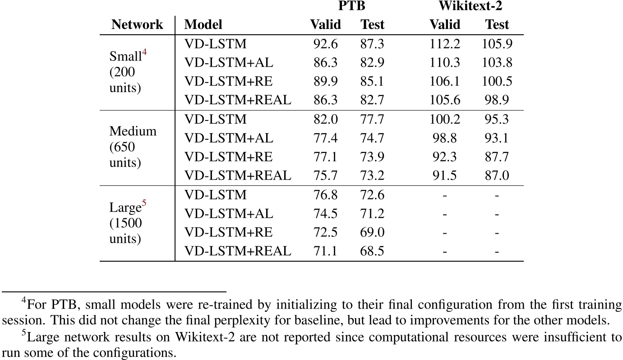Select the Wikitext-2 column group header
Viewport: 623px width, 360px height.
471,6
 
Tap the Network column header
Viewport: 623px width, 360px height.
137,24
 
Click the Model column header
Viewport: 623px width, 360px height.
203,24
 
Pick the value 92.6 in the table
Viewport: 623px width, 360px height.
325,44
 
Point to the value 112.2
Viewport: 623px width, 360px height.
444,44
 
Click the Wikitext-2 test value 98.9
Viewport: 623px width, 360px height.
497,100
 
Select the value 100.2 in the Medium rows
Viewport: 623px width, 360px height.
444,119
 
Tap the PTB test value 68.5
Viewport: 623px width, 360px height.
372,251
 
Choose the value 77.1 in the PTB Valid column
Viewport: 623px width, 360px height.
325,157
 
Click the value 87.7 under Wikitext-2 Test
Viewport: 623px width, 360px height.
497,157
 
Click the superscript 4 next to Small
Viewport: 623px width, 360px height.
145,53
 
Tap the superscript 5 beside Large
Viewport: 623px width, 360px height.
144,203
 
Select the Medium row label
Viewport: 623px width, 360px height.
133,132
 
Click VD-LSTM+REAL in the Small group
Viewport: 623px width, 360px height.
238,100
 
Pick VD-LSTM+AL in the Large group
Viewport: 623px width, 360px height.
229,213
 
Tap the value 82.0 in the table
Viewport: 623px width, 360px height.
325,119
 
